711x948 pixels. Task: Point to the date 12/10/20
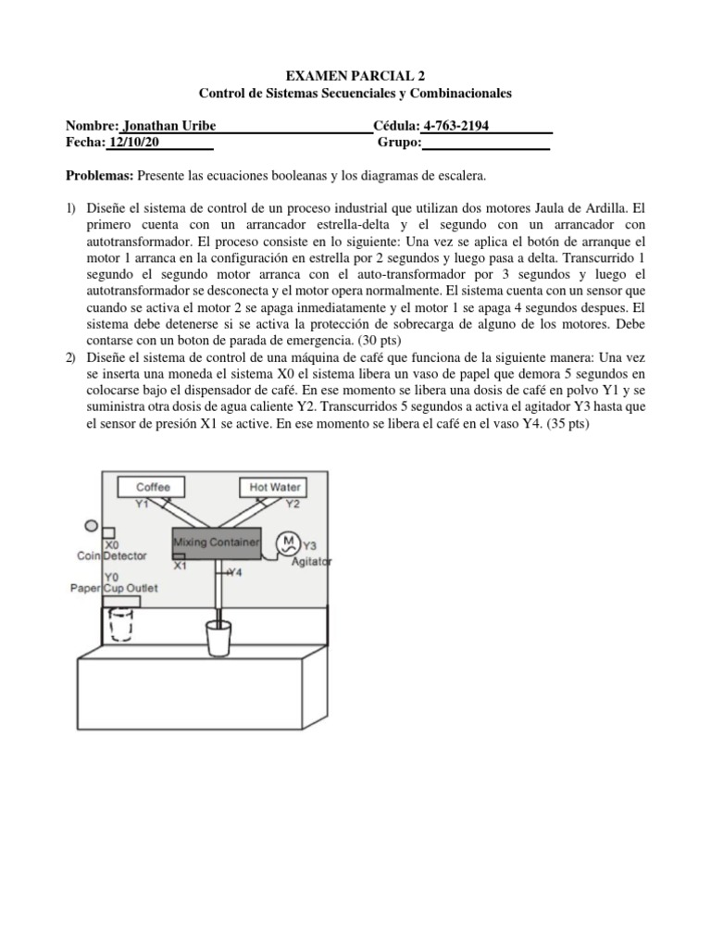tap(135, 143)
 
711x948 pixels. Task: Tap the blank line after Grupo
tap(486, 143)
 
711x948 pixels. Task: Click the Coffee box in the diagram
tap(152, 486)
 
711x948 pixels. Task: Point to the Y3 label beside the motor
tap(310, 546)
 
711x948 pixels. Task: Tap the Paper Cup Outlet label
tap(115, 588)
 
